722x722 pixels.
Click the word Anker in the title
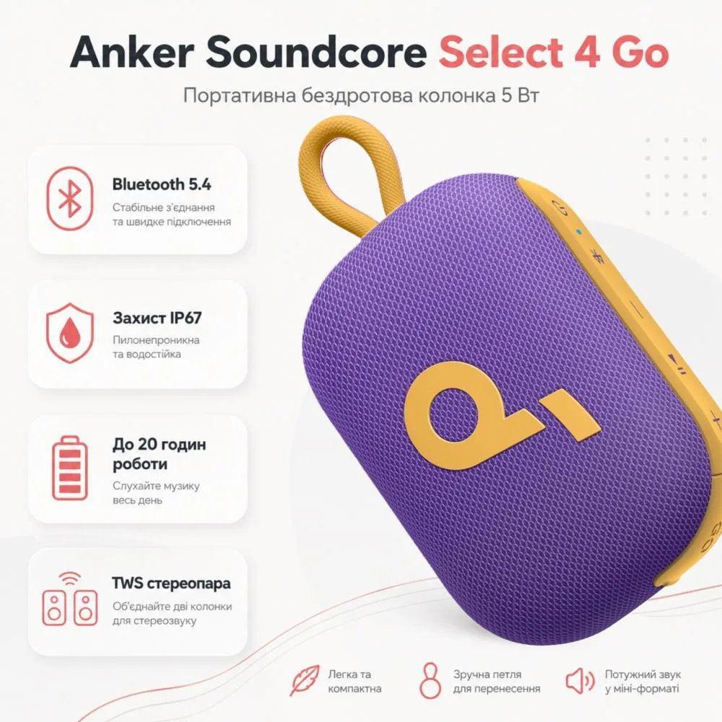click(x=131, y=52)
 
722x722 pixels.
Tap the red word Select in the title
click(x=502, y=52)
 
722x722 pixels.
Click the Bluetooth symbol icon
click(x=70, y=199)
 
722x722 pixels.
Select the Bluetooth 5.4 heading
click(x=162, y=184)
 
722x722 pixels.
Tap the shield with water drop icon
click(x=70, y=333)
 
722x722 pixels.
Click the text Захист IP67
click(x=157, y=318)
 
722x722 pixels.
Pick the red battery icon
click(x=70, y=468)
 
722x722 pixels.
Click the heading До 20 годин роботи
click(x=160, y=454)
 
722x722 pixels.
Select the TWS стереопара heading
click(x=171, y=583)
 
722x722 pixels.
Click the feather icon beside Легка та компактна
click(x=305, y=680)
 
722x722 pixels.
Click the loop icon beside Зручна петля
click(x=430, y=681)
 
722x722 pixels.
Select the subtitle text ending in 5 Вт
click(x=361, y=96)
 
